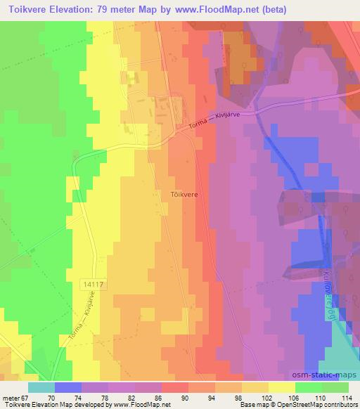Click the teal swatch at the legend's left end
pyautogui.click(x=41, y=387)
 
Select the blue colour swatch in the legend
pyautogui.click(x=68, y=387)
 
